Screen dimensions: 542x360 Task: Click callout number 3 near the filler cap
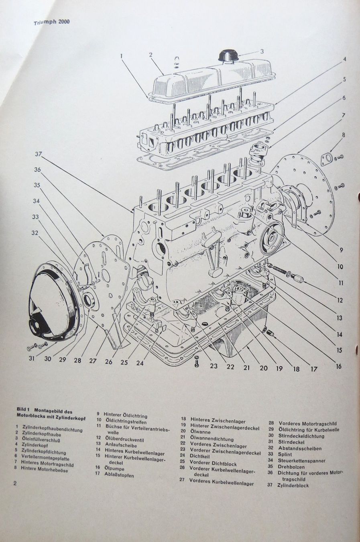coord(262,51)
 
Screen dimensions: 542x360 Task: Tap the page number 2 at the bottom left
coord(15,483)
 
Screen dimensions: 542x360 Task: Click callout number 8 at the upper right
coord(344,135)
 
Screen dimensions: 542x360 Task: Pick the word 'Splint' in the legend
coord(285,454)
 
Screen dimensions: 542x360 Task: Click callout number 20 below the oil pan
coord(263,367)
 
